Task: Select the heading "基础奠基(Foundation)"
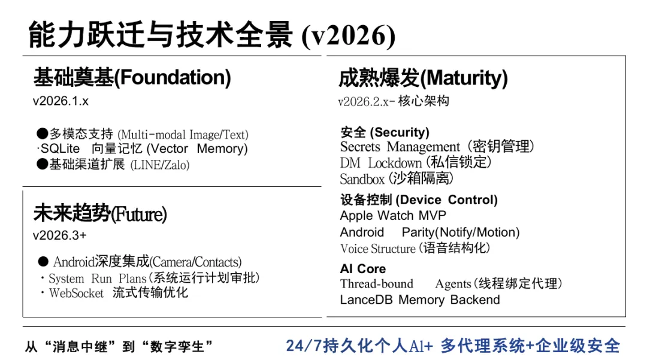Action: tap(132, 77)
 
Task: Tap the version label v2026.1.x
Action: tap(61, 101)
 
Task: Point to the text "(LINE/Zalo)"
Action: tap(160, 165)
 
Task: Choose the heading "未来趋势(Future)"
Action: tap(100, 213)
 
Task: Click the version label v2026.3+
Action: tap(59, 235)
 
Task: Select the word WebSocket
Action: tap(77, 293)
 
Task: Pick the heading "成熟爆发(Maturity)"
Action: tap(423, 78)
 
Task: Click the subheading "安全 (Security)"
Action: tap(385, 132)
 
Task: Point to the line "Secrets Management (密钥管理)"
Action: tap(437, 147)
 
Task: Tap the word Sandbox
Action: tap(362, 179)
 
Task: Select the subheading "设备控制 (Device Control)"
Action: tap(419, 200)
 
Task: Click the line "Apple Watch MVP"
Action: tap(393, 216)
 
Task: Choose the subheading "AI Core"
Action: tap(363, 269)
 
